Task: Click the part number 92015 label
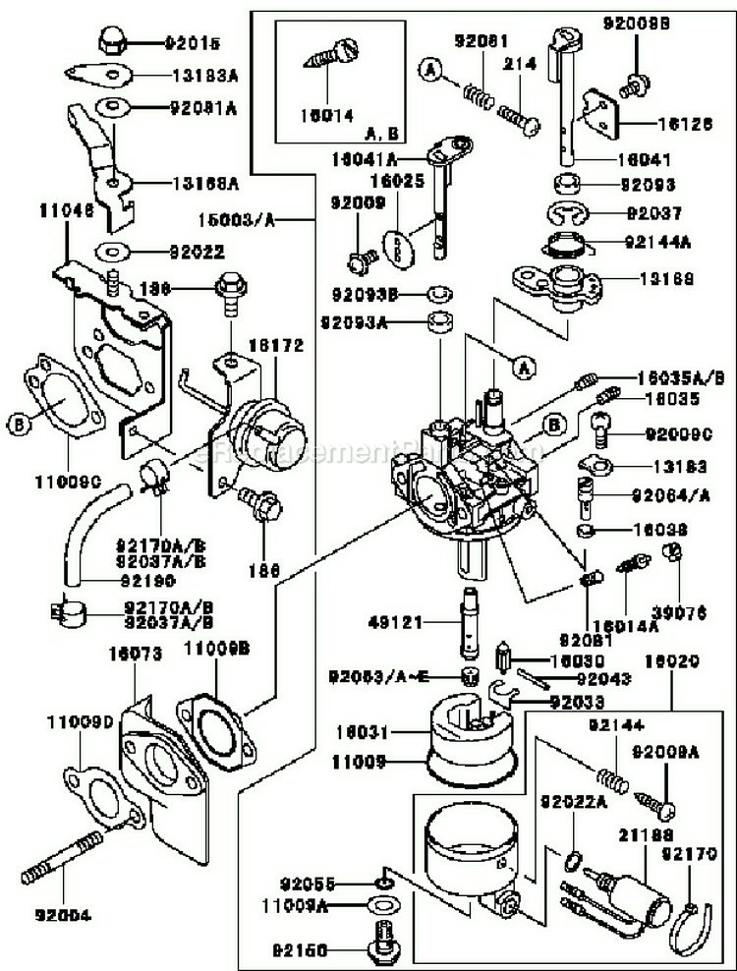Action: [193, 43]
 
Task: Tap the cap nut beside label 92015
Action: [111, 40]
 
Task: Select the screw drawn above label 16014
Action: [334, 55]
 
